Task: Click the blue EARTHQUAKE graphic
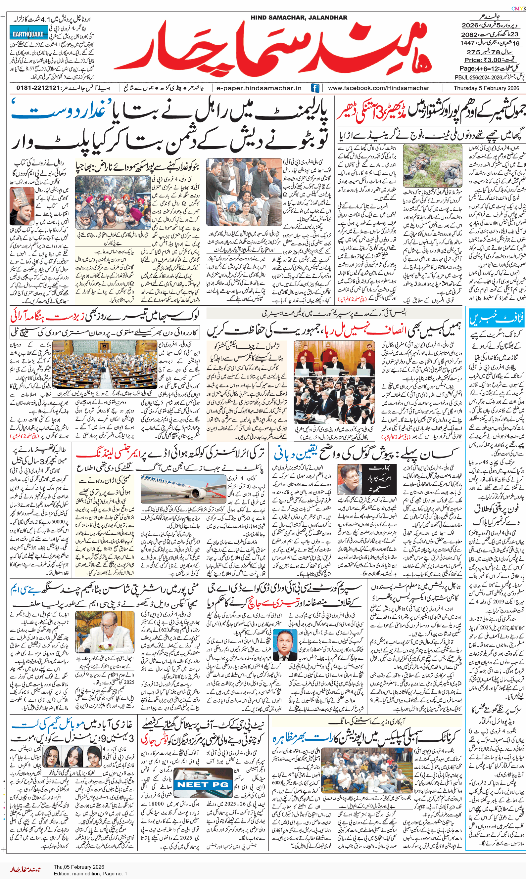coord(28,34)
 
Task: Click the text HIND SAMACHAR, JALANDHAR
coord(299,17)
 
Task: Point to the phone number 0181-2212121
coord(38,88)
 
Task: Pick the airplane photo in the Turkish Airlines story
coord(183,489)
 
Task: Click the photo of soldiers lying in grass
coord(432,165)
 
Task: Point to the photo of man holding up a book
coord(22,206)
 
